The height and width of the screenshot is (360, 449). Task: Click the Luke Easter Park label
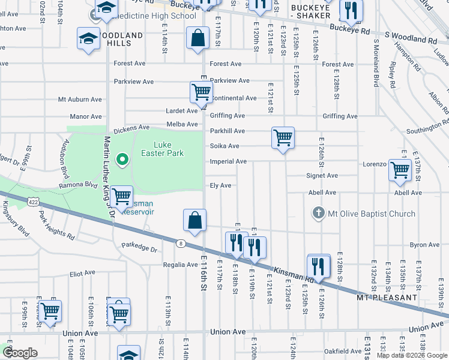169,149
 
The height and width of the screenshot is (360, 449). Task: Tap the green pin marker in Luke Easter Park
122,160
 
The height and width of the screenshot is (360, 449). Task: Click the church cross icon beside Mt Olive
319,213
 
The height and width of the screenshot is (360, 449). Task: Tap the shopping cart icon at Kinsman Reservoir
122,196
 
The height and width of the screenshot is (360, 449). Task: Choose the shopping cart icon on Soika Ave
283,138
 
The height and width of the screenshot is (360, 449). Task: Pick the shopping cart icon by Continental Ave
201,92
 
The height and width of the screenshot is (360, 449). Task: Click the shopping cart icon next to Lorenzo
400,169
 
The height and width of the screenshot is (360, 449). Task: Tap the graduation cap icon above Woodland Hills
88,39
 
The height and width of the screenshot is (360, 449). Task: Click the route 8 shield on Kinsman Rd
179,243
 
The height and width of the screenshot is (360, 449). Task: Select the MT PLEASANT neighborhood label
386,298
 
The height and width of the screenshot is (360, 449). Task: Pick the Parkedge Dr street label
139,247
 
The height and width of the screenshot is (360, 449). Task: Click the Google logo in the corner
20,353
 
